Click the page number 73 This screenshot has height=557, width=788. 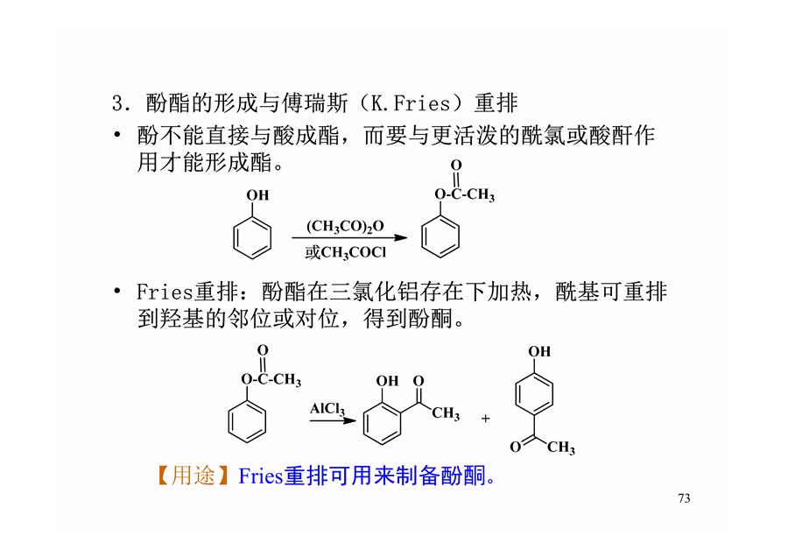[684, 498]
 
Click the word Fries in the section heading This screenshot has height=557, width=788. [421, 103]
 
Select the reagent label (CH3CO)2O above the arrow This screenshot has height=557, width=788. [345, 226]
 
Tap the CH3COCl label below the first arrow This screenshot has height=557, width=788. [354, 252]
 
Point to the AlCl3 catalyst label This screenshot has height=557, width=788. [327, 409]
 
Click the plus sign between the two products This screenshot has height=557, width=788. [485, 419]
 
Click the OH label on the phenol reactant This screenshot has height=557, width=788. [257, 195]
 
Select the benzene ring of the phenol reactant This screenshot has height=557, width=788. [252, 237]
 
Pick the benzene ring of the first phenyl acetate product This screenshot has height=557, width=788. [440, 236]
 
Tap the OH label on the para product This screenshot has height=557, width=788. [539, 351]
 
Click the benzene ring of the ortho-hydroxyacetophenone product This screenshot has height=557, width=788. [382, 423]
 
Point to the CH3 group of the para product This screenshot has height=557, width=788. [561, 448]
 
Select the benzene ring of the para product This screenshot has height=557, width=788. [534, 393]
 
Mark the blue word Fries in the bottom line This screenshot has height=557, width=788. [260, 476]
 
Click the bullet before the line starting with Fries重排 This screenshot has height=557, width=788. [117, 291]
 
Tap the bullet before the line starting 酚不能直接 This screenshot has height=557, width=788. [117, 134]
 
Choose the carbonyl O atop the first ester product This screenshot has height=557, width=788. [456, 165]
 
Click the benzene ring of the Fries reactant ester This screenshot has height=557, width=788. [247, 421]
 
